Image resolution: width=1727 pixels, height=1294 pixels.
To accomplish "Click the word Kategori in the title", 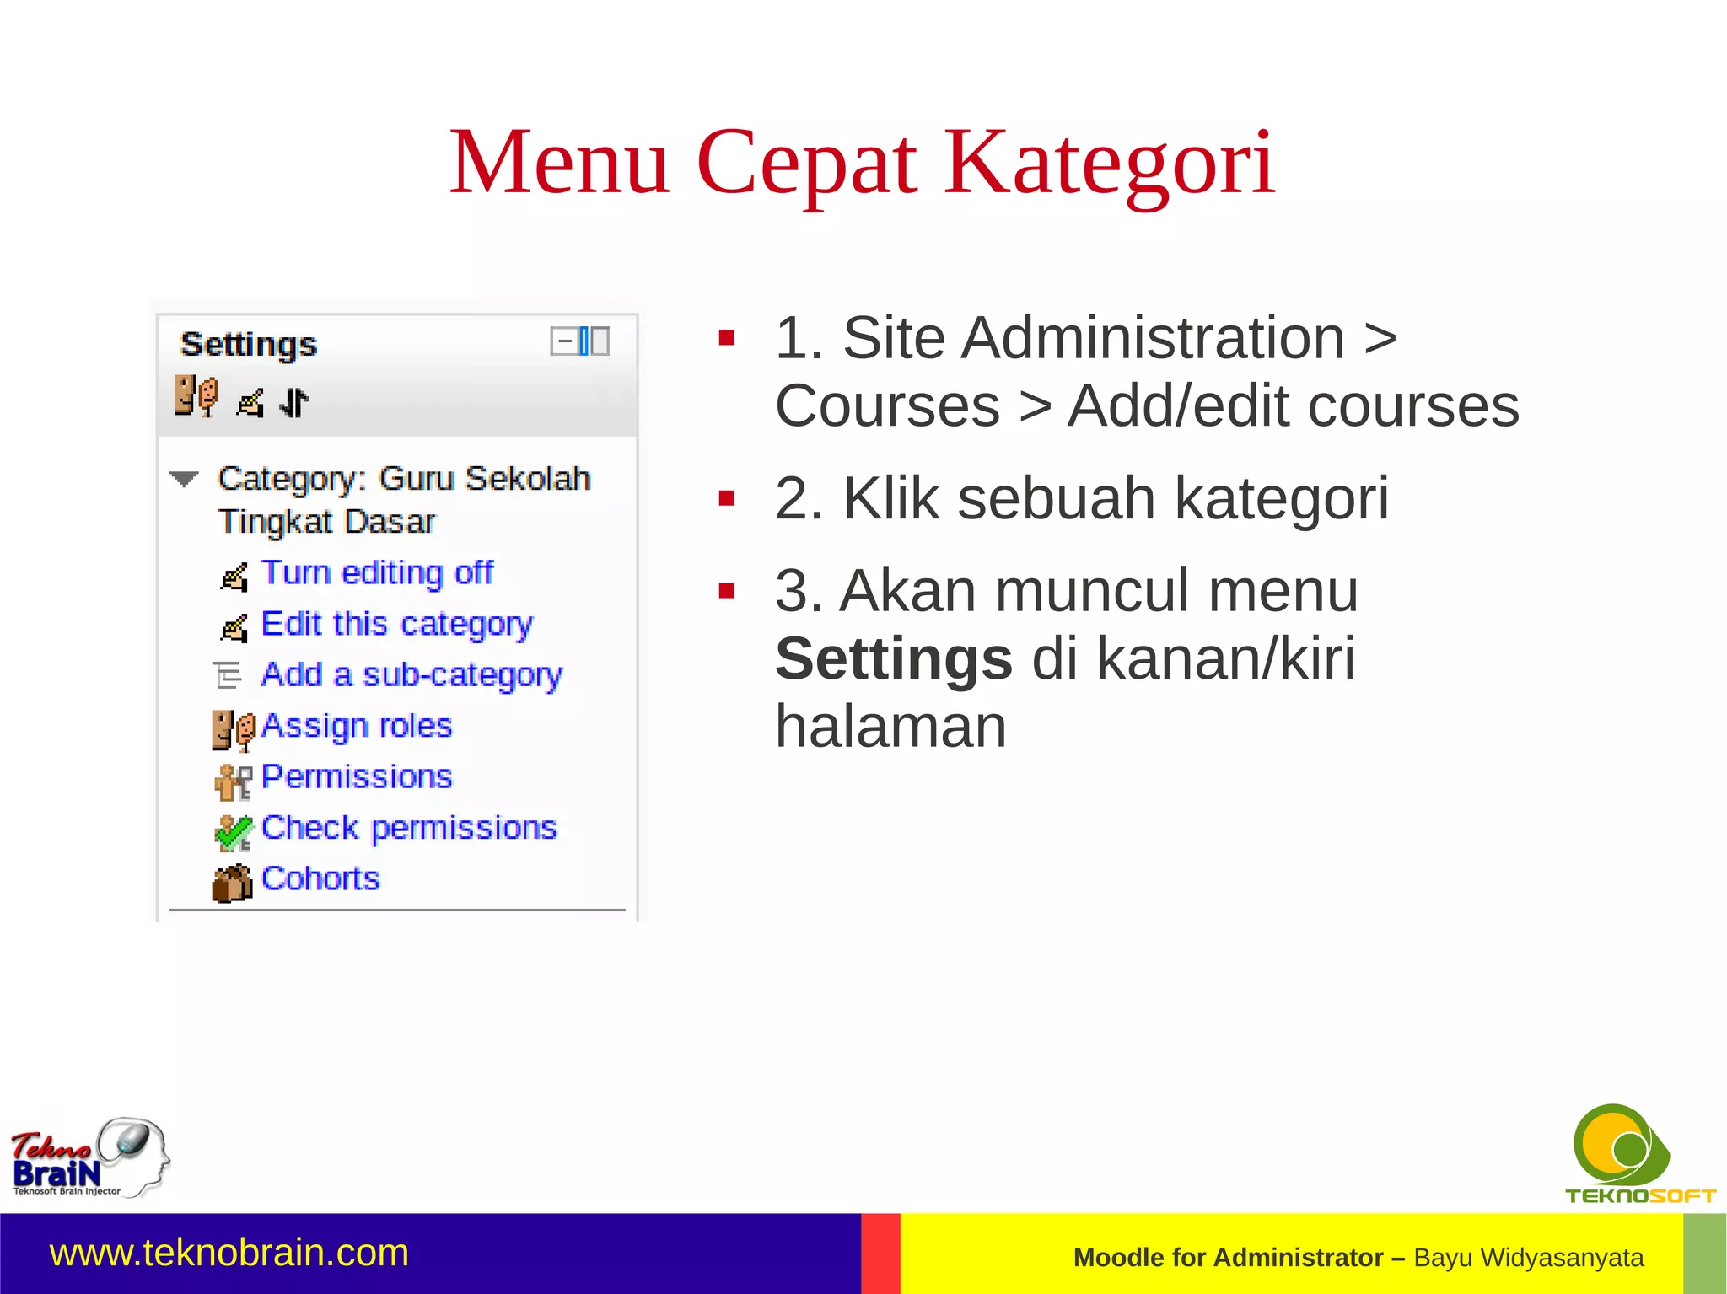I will pos(1108,162).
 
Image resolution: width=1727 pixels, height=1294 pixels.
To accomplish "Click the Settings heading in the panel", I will pos(249,344).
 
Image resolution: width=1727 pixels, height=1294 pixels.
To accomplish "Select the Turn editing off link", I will pos(376,572).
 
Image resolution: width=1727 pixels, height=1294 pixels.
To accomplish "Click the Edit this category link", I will pos(396,624).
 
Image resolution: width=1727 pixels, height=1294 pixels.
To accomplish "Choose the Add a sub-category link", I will pos(411,674).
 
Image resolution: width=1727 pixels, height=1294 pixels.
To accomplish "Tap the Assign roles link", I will pos(356,726).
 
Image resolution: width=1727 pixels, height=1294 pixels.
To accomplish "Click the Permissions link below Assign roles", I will pos(356,776).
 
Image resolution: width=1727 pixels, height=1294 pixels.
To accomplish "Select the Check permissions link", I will pos(408,828).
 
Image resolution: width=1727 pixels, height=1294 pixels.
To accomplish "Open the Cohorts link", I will pos(320,878).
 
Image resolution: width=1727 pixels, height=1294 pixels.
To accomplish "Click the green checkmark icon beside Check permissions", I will pos(233,833).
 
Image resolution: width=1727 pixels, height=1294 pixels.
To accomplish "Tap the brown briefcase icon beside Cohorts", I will pos(232,883).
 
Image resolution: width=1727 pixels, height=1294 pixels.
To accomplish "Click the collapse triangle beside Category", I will pos(184,479).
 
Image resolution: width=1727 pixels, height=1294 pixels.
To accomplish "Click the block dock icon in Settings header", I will pos(591,341).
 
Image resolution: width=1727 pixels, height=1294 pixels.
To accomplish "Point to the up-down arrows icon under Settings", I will pos(293,402).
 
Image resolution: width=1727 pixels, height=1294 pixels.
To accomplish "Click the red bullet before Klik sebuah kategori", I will pos(726,499).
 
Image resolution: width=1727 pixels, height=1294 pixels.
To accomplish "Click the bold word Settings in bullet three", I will pos(893,658).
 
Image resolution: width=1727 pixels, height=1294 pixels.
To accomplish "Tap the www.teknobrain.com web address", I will pos(229,1253).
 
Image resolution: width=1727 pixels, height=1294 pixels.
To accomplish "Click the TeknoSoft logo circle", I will pos(1617,1146).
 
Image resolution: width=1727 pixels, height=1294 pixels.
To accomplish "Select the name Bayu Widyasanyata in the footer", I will pos(1528,1257).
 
